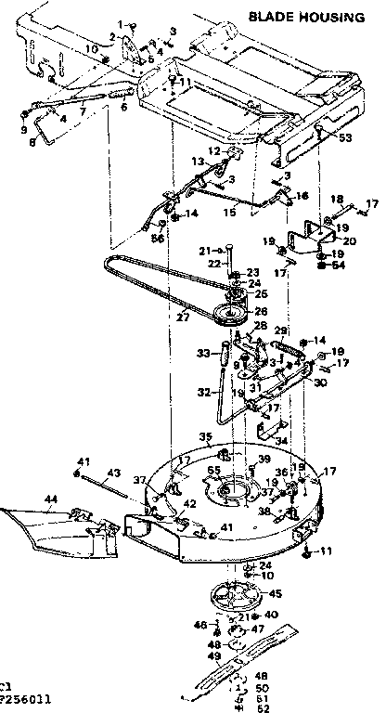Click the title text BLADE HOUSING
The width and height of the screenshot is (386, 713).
pyautogui.click(x=314, y=16)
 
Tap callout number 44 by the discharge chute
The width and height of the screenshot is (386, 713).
pyautogui.click(x=50, y=499)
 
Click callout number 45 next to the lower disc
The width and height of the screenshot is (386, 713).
pyautogui.click(x=275, y=593)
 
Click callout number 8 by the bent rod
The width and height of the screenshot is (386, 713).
pyautogui.click(x=32, y=142)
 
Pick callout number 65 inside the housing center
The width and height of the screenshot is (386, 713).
pyautogui.click(x=214, y=471)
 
